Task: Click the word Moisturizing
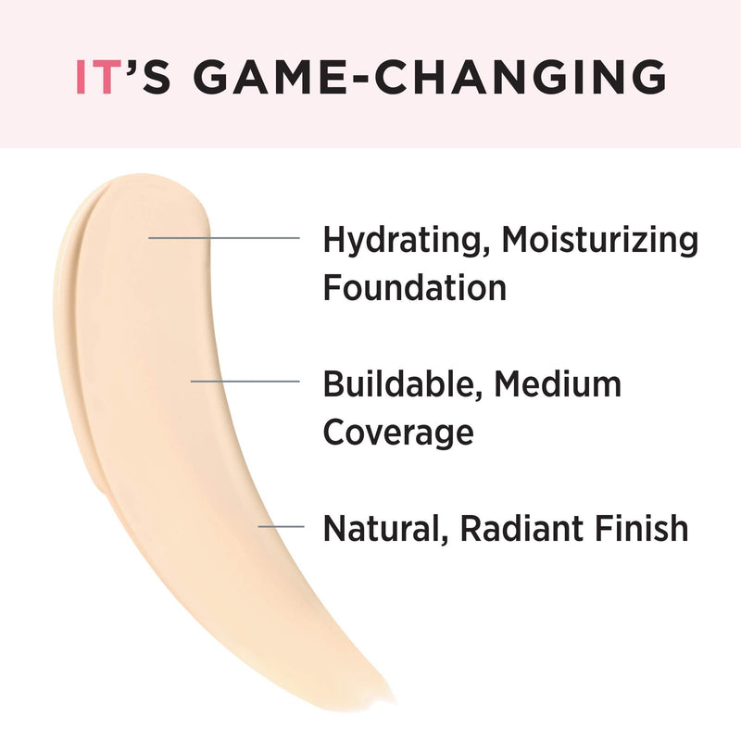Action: (600, 241)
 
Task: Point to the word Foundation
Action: (414, 287)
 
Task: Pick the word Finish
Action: (641, 528)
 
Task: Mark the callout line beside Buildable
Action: (245, 381)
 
